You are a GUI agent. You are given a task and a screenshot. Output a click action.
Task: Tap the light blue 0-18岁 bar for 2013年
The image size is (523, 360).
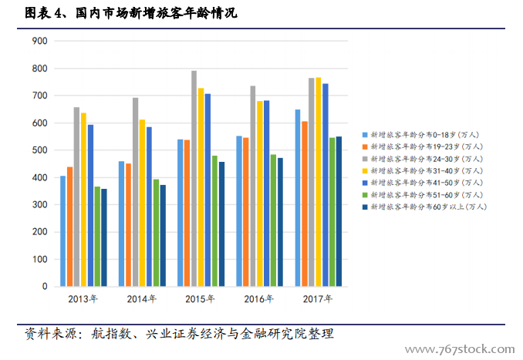(63, 231)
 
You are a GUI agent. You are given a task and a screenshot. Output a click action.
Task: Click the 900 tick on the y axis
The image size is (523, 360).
(39, 41)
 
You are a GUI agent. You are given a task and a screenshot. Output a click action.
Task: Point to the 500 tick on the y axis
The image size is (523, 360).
(39, 150)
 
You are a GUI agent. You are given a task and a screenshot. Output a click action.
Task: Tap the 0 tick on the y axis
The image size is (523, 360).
(45, 287)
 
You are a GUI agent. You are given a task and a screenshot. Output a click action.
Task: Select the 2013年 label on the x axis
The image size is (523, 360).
(83, 299)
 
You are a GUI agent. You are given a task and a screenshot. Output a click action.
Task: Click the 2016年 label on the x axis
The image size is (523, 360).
(259, 299)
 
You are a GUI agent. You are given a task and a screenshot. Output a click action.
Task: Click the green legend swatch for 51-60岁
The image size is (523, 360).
(365, 194)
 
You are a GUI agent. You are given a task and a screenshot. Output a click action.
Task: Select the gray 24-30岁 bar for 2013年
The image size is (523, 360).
(76, 197)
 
